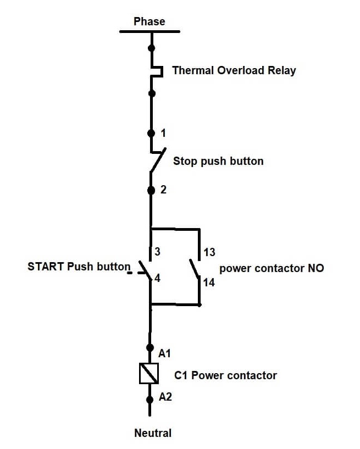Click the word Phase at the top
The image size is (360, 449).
(149, 21)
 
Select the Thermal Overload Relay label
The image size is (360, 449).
(234, 70)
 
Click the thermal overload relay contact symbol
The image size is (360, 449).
(156, 71)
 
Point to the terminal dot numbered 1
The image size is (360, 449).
(151, 133)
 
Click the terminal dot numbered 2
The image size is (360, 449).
(151, 190)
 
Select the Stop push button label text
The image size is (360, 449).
(218, 161)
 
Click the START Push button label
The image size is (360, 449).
(79, 267)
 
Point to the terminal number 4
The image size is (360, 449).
(157, 278)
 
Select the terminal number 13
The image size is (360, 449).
(209, 252)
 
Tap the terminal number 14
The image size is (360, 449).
(209, 282)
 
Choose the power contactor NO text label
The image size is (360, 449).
(272, 268)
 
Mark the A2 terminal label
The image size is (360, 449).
(165, 396)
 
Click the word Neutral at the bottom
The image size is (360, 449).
(153, 433)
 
